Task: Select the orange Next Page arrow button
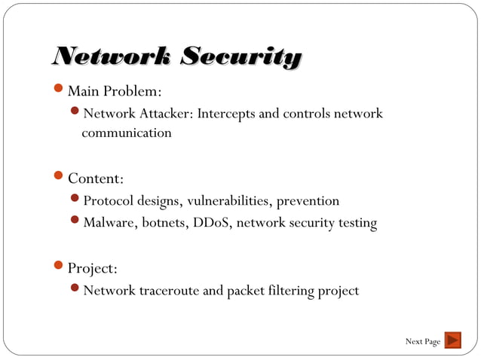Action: coord(452,341)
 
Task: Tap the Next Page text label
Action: coord(422,342)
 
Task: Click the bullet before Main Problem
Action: coord(60,91)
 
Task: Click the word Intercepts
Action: coord(227,114)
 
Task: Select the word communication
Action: coord(127,133)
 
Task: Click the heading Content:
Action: coord(96,179)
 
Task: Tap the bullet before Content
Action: coord(60,178)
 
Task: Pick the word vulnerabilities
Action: coord(228,201)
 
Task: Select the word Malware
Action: coord(108,223)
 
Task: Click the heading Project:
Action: coord(92,269)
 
